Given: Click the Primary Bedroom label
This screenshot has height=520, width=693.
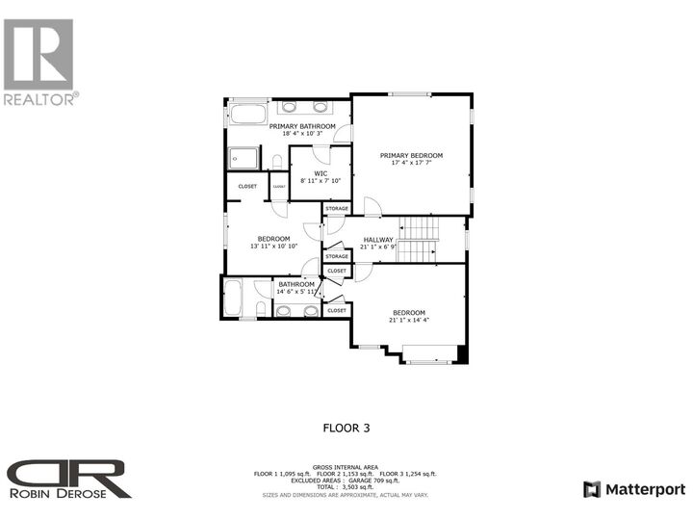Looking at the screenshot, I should click(x=411, y=155).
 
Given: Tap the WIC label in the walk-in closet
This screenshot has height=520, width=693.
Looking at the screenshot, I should click(x=321, y=173).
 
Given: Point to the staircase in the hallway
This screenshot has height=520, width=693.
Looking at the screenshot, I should click(x=418, y=239).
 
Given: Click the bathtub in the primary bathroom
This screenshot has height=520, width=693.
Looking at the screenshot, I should click(x=247, y=116).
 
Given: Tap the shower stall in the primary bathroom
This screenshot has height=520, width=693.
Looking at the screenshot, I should click(x=244, y=158).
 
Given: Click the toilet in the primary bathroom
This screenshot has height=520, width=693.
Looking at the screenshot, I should click(x=276, y=161).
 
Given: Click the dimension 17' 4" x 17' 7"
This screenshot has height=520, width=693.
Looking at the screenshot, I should click(x=411, y=164).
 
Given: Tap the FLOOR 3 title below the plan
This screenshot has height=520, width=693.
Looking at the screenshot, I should click(x=346, y=427).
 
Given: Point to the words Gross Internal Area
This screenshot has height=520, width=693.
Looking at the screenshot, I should click(x=346, y=466).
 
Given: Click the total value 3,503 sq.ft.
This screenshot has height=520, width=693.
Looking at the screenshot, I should click(x=363, y=487).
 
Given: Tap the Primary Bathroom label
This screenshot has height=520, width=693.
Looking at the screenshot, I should click(x=302, y=126).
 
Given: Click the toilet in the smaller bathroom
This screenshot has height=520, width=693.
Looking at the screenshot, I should click(x=261, y=308).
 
